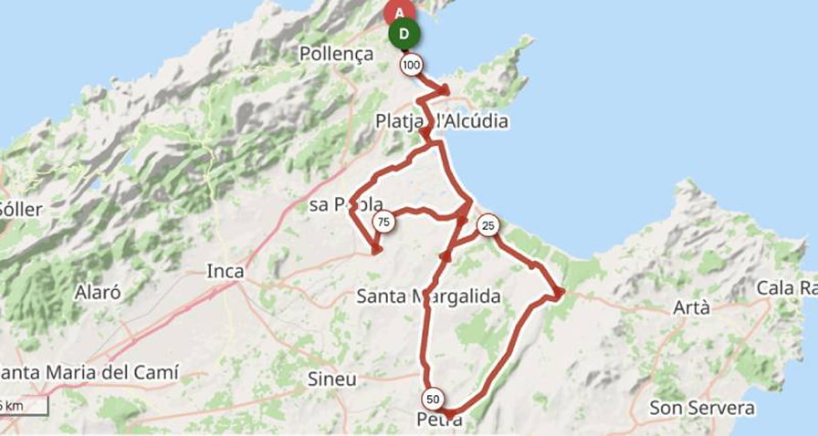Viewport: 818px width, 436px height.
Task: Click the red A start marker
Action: [x=399, y=13]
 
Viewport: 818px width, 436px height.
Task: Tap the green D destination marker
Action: [x=404, y=36]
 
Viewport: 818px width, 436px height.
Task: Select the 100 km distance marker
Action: [x=411, y=65]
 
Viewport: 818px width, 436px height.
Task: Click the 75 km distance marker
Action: [x=383, y=222]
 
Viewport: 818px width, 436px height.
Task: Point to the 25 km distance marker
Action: [x=488, y=224]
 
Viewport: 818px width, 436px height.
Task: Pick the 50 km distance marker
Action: [x=433, y=399]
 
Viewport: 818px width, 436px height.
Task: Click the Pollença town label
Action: [x=336, y=55]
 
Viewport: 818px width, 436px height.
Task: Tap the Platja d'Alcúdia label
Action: [x=442, y=121]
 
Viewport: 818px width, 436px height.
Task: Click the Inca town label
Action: [x=225, y=271]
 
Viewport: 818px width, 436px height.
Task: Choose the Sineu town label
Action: [x=331, y=379]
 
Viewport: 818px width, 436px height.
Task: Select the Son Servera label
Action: [x=702, y=408]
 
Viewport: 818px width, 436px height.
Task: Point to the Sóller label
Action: [x=20, y=209]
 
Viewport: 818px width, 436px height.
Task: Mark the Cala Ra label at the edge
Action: [x=786, y=288]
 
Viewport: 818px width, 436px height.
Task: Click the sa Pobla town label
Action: [x=345, y=204]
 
